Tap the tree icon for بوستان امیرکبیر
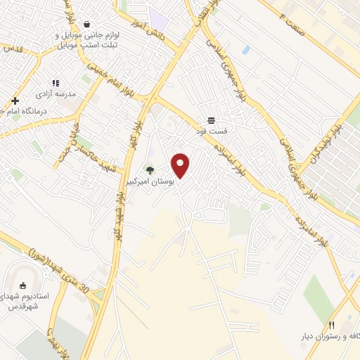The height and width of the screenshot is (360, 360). pyautogui.click(x=149, y=169)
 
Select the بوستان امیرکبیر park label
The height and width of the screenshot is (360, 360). pyautogui.click(x=148, y=181)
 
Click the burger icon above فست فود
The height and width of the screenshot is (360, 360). pyautogui.click(x=211, y=120)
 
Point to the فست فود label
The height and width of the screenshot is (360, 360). pyautogui.click(x=211, y=131)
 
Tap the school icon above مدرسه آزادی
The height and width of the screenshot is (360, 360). pyautogui.click(x=56, y=83)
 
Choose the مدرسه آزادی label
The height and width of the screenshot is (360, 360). pyautogui.click(x=56, y=94)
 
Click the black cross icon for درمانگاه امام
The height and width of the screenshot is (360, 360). pyautogui.click(x=14, y=101)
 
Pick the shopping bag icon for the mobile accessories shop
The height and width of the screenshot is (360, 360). pyautogui.click(x=86, y=24)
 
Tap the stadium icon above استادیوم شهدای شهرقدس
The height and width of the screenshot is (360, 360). pyautogui.click(x=23, y=285)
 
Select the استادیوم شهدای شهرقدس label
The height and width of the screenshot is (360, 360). pyautogui.click(x=28, y=302)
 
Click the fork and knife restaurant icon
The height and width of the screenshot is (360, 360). pyautogui.click(x=331, y=325)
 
